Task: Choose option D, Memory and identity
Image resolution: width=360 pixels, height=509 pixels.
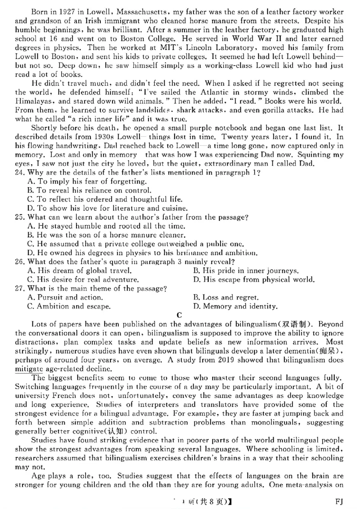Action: tap(235, 307)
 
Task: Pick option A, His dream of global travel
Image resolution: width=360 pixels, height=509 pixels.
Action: tap(79, 271)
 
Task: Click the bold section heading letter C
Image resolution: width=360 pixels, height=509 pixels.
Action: tap(179, 315)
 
